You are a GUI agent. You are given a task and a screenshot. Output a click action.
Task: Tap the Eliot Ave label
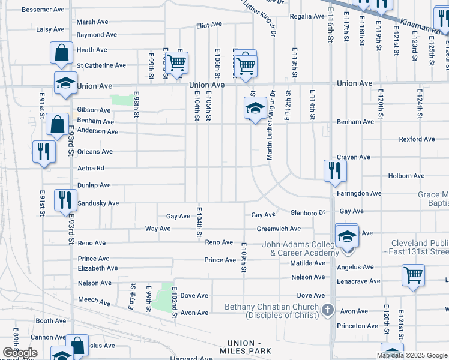[x=209, y=25]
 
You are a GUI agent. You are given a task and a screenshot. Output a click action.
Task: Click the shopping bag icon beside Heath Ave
[x=62, y=53]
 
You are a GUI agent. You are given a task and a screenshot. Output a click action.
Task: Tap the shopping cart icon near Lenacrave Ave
[x=414, y=275]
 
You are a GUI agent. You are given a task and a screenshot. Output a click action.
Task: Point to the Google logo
[x=20, y=353]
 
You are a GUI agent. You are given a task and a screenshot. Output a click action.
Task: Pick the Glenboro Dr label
[x=307, y=212]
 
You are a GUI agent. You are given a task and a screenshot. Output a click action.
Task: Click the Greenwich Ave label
[x=279, y=229]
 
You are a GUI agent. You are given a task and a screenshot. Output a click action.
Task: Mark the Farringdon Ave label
[x=359, y=194]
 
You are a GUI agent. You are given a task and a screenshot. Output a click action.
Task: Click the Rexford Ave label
[x=417, y=139]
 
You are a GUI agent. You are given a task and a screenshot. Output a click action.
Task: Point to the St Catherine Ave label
[x=101, y=65]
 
